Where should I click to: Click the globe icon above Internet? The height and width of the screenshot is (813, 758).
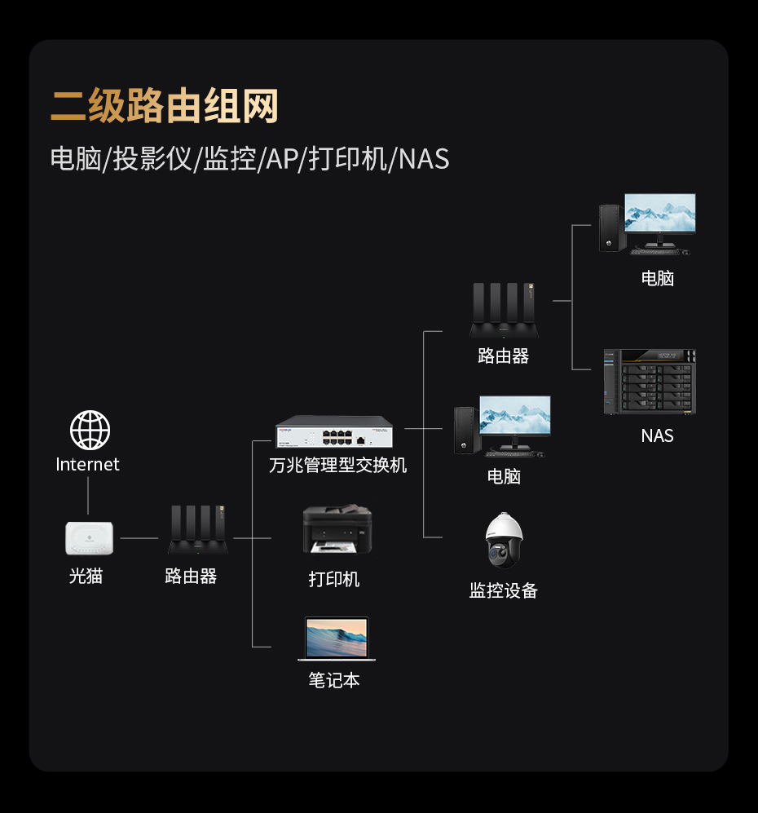coord(90,430)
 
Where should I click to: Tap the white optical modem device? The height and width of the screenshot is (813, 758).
coord(89,538)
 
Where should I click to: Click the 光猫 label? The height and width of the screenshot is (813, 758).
coord(86,576)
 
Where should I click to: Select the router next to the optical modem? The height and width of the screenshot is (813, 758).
coord(198,529)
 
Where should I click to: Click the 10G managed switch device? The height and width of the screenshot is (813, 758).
coord(334,431)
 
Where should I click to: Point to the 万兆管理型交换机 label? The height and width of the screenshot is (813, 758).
coord(337,465)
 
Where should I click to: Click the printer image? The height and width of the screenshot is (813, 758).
coord(337,529)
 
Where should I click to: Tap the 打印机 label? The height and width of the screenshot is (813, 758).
coord(334,579)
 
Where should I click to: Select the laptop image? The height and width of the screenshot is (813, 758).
coord(337,638)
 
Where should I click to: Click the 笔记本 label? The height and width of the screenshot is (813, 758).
coord(334,680)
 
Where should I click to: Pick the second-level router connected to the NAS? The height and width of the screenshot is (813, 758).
coord(505,310)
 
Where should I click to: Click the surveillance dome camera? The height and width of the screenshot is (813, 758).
coord(505,540)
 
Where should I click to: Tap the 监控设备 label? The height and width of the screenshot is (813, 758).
coord(504,590)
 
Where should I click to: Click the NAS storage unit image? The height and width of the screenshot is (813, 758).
coord(650,382)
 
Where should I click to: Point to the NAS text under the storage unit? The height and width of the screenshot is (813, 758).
coord(658,435)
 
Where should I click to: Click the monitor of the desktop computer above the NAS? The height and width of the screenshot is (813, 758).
coord(660,214)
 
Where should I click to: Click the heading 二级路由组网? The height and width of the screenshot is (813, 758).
coord(165,106)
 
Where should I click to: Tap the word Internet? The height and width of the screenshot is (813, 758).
coord(87,464)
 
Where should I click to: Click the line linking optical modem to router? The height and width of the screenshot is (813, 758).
coord(139,538)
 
